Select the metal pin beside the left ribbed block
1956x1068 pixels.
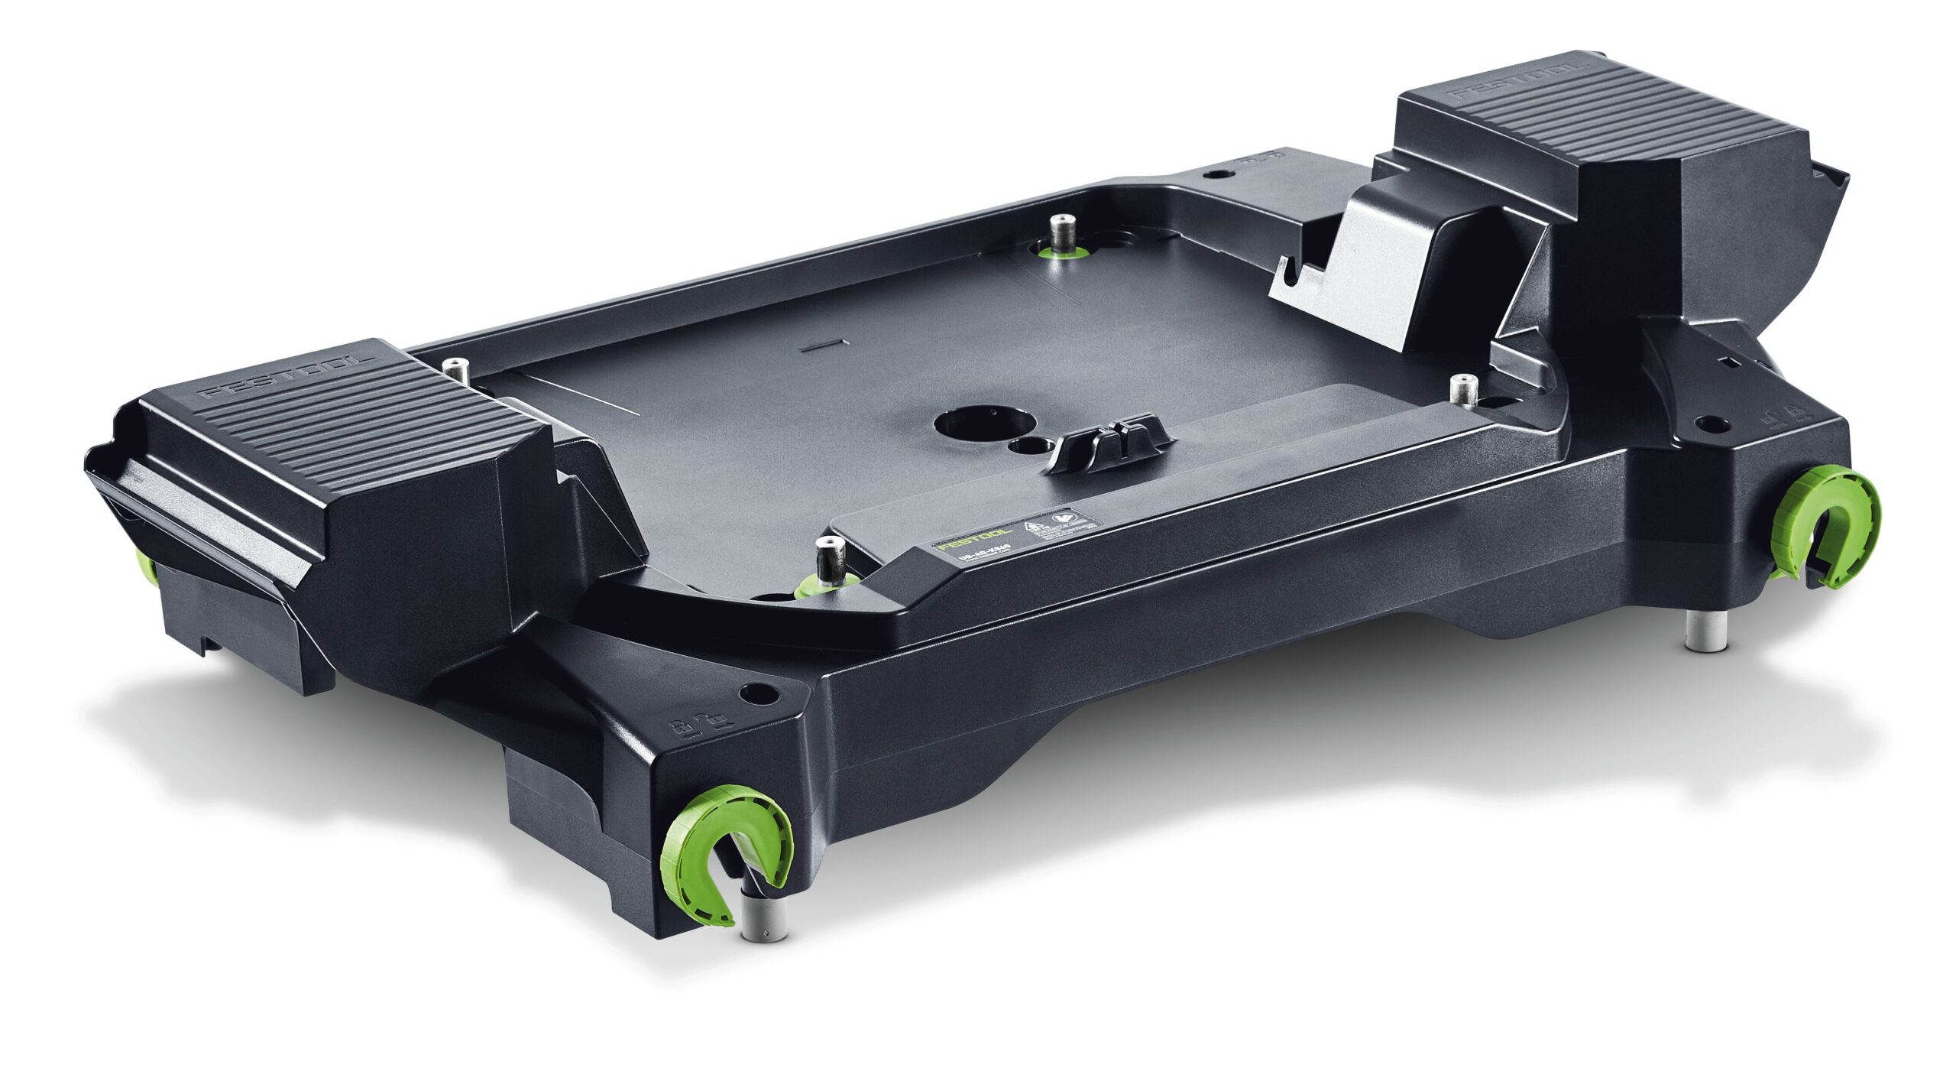tap(457, 370)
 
